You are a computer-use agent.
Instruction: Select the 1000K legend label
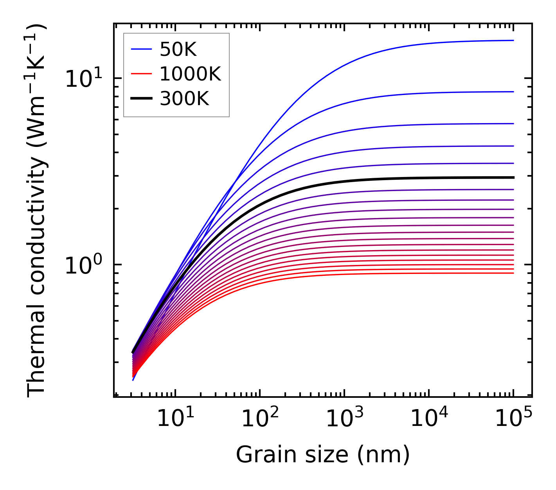pos(190,74)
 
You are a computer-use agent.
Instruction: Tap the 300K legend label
pos(184,99)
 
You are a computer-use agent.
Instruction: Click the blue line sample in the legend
pos(141,49)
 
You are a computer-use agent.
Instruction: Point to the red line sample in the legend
pos(141,74)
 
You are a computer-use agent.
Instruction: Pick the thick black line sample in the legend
pos(141,99)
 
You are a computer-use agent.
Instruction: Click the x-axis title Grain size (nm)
pos(323,454)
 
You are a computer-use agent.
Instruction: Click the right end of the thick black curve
pos(513,177)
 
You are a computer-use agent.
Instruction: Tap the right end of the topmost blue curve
pos(513,40)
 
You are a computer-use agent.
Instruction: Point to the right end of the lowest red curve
pos(513,273)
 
